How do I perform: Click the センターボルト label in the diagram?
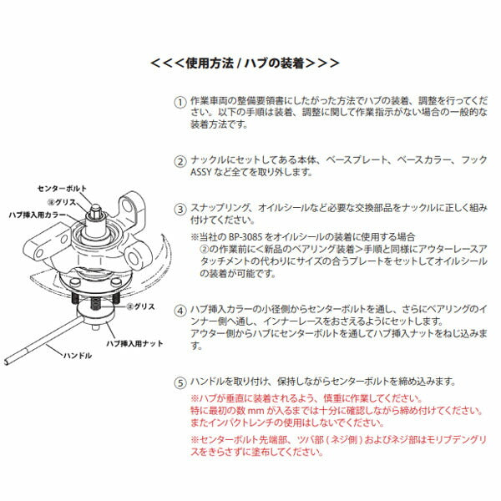[x=64, y=189]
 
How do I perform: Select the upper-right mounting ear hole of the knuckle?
[x=132, y=206]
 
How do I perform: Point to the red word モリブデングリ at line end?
[x=450, y=438]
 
